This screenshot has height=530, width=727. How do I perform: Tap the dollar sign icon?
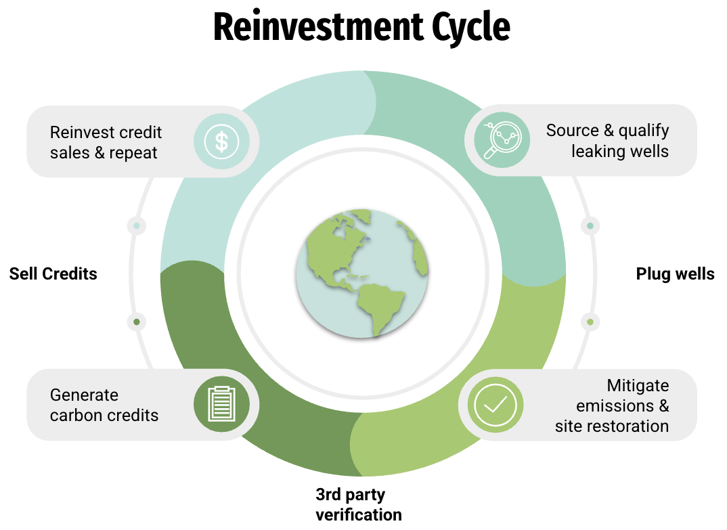pos(221,141)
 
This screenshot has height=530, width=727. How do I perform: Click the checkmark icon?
pos(495,405)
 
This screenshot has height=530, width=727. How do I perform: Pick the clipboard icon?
pos(221,404)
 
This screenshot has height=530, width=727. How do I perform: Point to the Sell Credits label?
pos(53,274)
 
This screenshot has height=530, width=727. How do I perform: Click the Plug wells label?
pos(675,274)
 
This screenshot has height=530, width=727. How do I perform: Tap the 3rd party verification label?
pos(359,504)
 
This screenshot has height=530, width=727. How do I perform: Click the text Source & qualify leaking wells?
pos(607,140)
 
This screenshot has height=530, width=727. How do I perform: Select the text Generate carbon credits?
pos(104,405)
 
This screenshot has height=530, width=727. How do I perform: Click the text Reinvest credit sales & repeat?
pos(106,142)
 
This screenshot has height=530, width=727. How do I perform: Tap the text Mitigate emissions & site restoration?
pos(612,405)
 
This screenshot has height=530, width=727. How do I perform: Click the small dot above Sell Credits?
pos(137,225)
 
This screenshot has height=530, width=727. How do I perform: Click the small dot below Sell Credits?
pos(137,322)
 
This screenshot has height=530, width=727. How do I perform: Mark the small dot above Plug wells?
pos(590,225)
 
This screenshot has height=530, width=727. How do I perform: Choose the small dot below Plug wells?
pos(590,322)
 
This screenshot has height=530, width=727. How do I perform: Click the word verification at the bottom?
pos(359,514)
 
